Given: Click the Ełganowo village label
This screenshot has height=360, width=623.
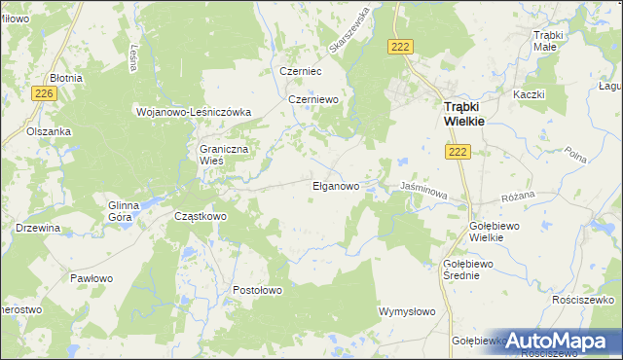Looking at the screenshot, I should point(335,185).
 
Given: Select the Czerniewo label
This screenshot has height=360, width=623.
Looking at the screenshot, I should point(311,99).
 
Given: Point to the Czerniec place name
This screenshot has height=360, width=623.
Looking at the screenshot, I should point(300,71).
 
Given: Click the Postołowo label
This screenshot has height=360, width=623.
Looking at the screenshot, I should point(257,290).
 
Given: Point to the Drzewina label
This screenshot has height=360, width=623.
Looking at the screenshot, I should point(39,228).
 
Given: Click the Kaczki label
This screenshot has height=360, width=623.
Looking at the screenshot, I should point(527,94).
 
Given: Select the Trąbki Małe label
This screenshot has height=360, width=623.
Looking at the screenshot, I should point(552,42).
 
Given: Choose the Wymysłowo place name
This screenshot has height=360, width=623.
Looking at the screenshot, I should point(406,311).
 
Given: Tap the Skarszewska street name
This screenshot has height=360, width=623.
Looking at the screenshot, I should point(349,31).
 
